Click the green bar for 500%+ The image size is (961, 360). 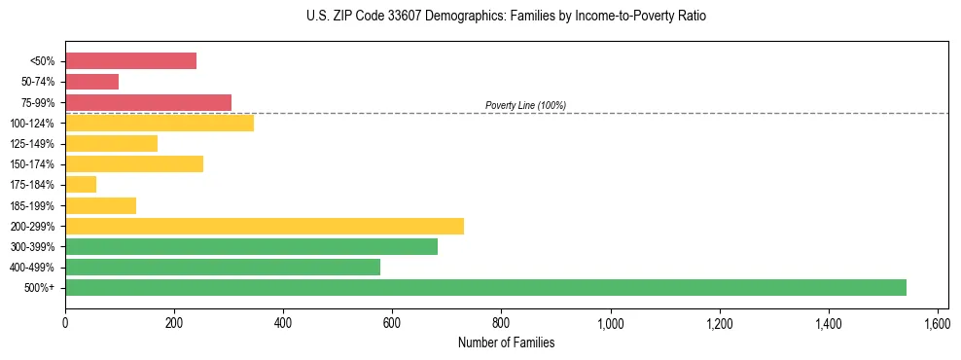(485, 287)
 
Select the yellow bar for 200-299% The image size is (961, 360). (265, 226)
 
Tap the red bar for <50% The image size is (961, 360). (130, 60)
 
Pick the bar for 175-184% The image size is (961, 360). (81, 184)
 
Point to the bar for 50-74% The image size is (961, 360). (91, 82)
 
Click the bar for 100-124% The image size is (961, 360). (160, 123)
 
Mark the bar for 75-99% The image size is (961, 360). (148, 102)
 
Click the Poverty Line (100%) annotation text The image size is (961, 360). (525, 105)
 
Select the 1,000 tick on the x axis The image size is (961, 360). (611, 324)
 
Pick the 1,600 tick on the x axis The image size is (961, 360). (938, 324)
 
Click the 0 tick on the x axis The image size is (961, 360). (65, 324)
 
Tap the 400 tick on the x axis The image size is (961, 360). (283, 324)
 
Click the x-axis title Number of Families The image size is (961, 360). (507, 342)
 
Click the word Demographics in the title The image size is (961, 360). (459, 17)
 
